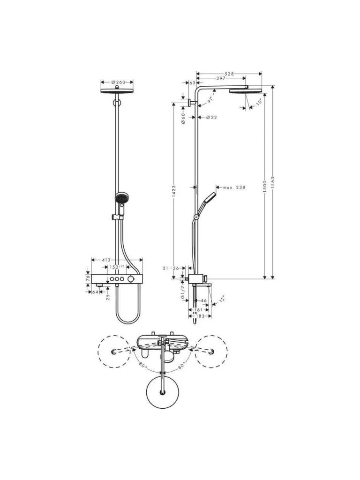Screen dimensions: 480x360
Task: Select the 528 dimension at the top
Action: click(x=229, y=74)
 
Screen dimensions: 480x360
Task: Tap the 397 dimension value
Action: click(x=220, y=78)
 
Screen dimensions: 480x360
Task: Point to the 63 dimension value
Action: click(x=192, y=82)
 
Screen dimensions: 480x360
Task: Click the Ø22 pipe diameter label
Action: click(x=211, y=117)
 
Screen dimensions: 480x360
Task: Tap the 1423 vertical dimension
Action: click(x=173, y=190)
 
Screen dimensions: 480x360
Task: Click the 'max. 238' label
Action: click(x=234, y=187)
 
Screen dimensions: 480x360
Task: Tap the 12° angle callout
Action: click(x=221, y=298)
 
